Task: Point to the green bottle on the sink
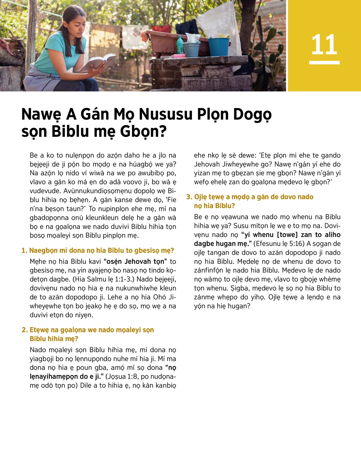[180, 45]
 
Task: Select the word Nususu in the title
[165, 115]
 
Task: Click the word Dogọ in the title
[252, 115]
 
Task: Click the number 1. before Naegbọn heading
[24, 250]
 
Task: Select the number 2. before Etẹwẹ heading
[25, 330]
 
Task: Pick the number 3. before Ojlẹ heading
[189, 197]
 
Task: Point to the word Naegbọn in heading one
[44, 250]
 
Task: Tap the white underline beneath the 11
[324, 63]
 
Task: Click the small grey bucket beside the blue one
[191, 49]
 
